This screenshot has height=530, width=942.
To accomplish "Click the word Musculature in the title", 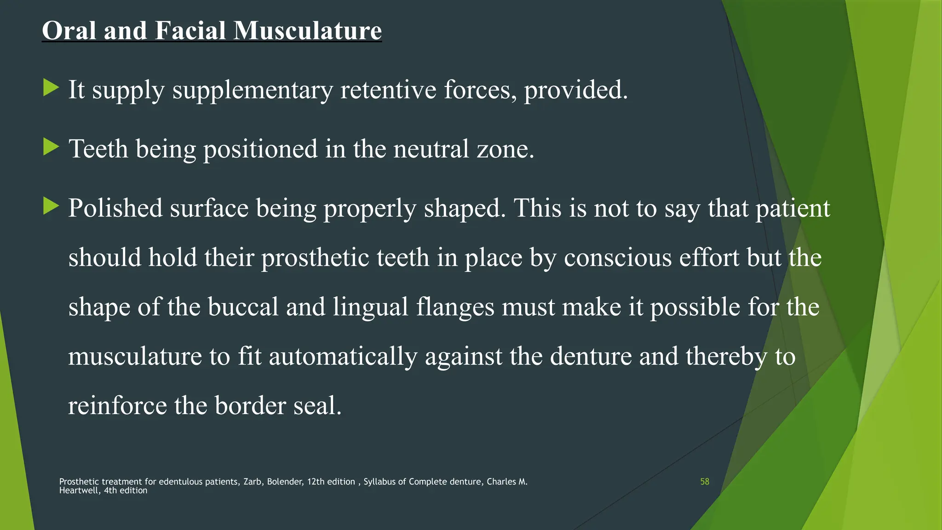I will coord(307,30).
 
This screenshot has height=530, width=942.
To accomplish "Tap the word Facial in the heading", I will coord(190,30).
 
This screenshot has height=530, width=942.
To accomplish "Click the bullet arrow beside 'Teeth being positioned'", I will coord(51,147).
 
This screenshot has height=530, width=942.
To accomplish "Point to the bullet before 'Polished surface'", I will coord(51,206).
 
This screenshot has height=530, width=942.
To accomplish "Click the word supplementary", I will coord(253,90).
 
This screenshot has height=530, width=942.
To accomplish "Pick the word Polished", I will coord(115,208).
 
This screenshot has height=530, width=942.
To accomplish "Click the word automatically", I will coord(343,357).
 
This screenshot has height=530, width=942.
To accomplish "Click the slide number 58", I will coord(705,482).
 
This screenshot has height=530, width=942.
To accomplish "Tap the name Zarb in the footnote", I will coord(253,482).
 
